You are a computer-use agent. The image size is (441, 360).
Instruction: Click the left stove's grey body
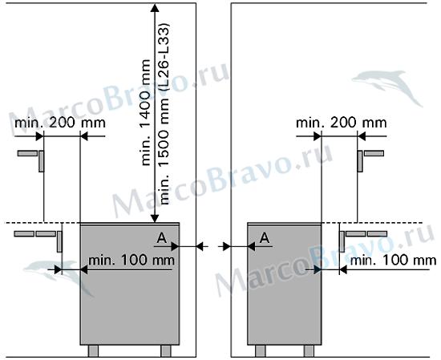(x=130, y=284)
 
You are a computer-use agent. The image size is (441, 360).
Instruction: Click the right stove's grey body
(x=284, y=284)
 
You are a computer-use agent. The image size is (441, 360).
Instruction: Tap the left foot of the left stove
(x=93, y=351)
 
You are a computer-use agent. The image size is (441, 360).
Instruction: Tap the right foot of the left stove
(x=166, y=351)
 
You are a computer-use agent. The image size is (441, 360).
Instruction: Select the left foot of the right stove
(x=260, y=351)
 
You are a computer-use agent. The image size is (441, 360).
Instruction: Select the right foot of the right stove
(x=309, y=351)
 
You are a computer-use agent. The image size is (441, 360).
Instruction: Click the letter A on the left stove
(x=162, y=238)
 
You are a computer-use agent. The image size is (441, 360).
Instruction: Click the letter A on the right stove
(x=265, y=238)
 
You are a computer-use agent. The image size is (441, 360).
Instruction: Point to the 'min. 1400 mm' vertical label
(x=146, y=112)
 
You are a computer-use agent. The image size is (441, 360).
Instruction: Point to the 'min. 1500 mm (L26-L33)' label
(x=164, y=113)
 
